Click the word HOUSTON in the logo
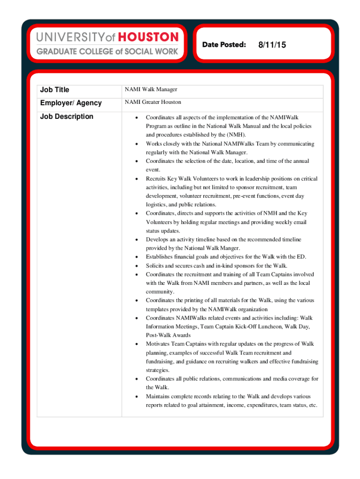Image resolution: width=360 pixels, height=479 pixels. [148, 37]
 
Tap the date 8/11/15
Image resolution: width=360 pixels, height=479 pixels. [272, 45]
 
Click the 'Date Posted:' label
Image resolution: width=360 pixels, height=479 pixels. [224, 44]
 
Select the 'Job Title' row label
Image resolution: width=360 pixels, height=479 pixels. [55, 89]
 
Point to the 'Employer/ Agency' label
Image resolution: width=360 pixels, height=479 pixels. [71, 103]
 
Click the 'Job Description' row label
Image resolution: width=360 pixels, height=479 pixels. [66, 116]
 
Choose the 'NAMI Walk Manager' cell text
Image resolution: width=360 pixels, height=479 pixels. [151, 89]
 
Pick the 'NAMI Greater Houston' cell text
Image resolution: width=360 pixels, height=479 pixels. [153, 102]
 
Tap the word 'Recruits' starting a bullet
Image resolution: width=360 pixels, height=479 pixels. [156, 179]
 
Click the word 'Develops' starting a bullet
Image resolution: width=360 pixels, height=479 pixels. [157, 239]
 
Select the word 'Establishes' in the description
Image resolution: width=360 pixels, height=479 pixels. [159, 257]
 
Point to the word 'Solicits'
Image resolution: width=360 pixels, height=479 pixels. [155, 266]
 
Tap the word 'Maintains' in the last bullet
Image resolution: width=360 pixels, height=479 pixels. [158, 396]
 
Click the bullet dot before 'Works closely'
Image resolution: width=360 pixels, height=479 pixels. [136, 144]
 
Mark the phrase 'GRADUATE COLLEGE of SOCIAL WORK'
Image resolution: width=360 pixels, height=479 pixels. [108, 51]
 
